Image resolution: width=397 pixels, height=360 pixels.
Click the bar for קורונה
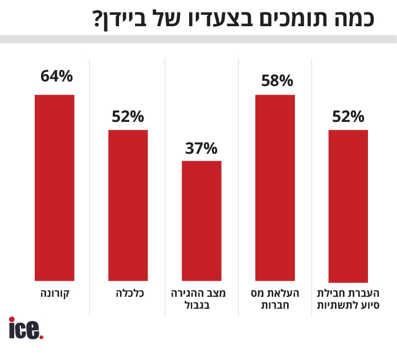(55, 188)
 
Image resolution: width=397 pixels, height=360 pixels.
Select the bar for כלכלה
(128, 206)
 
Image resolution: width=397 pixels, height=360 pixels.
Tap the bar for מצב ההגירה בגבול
(202, 221)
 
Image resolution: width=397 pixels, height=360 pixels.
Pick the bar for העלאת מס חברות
(275, 188)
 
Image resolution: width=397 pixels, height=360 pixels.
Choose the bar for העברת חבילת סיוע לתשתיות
(348, 206)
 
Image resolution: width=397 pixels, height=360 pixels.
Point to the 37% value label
(202, 149)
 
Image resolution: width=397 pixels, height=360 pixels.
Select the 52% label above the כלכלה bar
(128, 117)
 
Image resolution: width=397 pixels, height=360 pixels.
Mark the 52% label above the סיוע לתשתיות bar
(348, 117)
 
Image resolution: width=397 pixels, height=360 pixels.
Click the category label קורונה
(55, 294)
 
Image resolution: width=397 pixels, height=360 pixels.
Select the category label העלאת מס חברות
(275, 300)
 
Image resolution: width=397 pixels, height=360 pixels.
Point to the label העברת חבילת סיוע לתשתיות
(348, 300)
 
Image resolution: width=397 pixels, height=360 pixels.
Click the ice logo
(26, 329)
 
